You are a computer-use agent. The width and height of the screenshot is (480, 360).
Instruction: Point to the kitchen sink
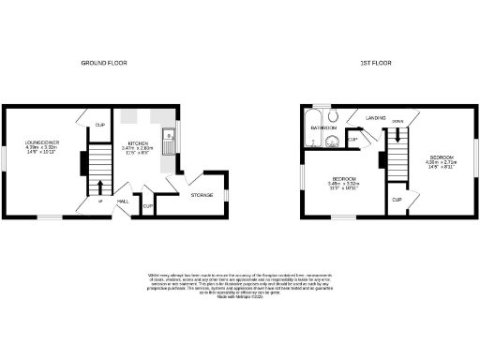pyautogui.click(x=166, y=143)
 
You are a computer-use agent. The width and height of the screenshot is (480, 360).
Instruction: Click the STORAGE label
pyautogui.click(x=202, y=195)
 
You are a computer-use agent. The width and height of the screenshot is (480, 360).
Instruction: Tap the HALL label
pyautogui.click(x=122, y=201)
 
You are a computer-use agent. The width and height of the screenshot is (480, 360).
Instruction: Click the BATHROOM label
pyautogui.click(x=324, y=126)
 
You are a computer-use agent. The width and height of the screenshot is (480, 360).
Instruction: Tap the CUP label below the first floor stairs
pyautogui.click(x=397, y=200)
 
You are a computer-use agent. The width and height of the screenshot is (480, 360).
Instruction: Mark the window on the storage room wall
pyautogui.click(x=225, y=195)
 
